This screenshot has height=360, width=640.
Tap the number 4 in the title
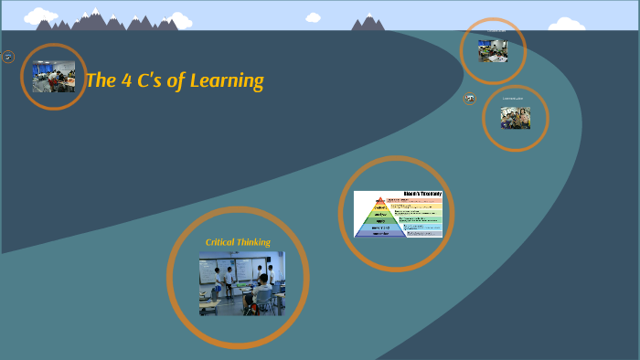coord(127,80)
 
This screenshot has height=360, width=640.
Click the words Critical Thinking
coord(238,242)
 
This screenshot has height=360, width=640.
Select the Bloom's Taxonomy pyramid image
coord(398,214)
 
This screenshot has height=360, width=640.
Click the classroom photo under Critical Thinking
coord(241,283)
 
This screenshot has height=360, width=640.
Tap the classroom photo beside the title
coord(54,77)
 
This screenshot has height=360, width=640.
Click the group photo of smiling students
coord(516,118)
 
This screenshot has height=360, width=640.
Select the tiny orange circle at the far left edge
coord(8,57)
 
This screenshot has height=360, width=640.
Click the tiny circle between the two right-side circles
coord(470,99)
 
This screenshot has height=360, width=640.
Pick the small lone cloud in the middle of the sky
coord(314,17)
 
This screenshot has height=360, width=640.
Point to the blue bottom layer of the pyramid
coord(379,231)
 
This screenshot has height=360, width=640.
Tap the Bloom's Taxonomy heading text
coord(422,194)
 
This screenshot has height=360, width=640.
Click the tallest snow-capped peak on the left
coord(94,16)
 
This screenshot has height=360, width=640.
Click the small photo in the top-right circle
coord(493,51)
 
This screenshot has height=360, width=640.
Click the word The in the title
coord(101,80)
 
